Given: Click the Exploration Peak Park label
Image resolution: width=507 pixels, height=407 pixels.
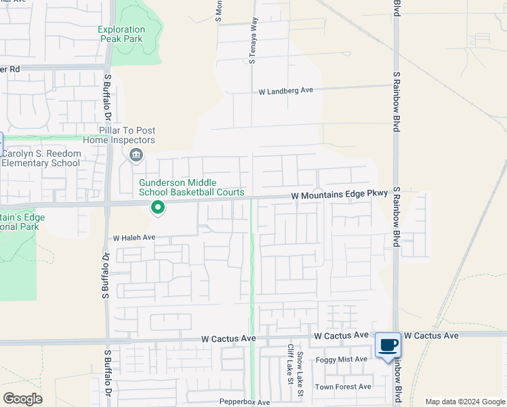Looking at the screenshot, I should pos(121,35).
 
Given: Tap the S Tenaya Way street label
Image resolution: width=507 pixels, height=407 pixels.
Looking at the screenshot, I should pos(253,41).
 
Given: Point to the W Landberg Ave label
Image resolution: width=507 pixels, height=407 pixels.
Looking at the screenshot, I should pos(285,90).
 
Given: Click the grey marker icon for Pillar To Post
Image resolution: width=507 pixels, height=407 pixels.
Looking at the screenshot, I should pos(136,156).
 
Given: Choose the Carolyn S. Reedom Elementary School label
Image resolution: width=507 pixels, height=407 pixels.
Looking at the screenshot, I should pos(41,158).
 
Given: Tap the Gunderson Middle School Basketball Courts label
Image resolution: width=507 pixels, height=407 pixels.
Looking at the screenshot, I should pos(192,188).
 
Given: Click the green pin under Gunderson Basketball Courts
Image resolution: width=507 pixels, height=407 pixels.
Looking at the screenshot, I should pos(158,207).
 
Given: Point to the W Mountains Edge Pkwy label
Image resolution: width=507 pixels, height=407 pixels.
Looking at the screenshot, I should pos(340,195).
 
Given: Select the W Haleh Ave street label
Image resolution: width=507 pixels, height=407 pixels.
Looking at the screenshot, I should pos(134,238).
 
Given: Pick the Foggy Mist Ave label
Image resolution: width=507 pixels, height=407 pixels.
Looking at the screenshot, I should pos(342,360).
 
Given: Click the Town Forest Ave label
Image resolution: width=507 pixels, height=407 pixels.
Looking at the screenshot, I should pos(344,387).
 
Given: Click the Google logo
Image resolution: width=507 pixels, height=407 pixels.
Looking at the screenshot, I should pos(22,399).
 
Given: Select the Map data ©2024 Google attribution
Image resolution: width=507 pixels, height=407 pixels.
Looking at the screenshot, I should pos(465,402).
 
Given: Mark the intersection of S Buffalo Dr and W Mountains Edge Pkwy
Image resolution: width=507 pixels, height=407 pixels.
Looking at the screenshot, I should pos(107,203).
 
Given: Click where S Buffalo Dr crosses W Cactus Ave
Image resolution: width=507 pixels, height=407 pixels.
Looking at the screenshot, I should pos(107,341).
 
